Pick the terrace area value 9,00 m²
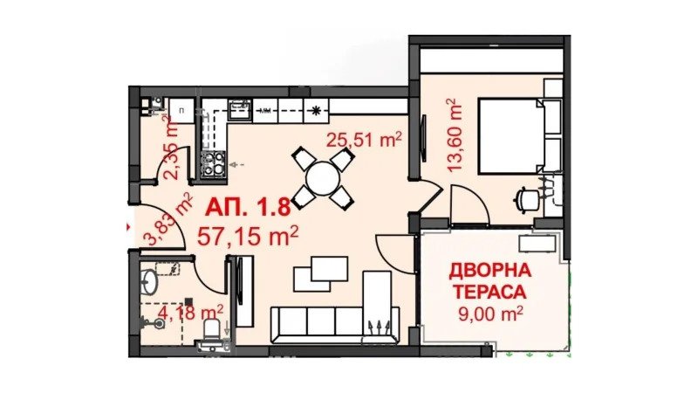489,313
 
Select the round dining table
323,179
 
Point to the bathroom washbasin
149,283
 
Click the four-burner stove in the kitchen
211,162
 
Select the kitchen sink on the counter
238,109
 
